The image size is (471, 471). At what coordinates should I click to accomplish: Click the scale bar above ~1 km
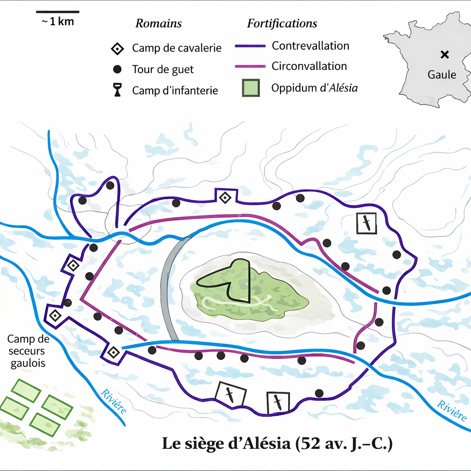coord(57,11)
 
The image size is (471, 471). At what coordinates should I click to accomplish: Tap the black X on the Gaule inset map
coord(444,55)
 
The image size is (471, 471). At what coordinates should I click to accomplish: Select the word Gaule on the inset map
coord(442,74)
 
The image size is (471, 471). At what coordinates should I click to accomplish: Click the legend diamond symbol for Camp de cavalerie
coord(118,48)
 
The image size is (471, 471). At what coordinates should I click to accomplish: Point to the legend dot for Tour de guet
coord(117,69)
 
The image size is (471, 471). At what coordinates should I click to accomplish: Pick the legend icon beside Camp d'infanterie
coord(118,90)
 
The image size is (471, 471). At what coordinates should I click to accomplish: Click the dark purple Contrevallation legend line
coord(250,46)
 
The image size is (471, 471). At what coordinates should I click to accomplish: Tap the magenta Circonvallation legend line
coord(250,66)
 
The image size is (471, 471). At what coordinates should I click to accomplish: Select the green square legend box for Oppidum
coord(251,88)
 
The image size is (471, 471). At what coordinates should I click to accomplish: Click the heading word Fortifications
coord(282,23)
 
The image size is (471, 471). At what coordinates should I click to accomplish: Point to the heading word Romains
coord(158,23)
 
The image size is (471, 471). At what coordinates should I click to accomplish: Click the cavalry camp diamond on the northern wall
coord(225,198)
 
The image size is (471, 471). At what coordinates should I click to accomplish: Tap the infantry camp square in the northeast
coord(367,223)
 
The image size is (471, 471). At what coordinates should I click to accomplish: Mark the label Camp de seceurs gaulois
coord(28,351)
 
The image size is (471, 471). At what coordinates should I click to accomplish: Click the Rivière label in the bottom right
coord(451,411)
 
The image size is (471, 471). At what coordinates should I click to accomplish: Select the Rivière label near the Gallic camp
coord(113,401)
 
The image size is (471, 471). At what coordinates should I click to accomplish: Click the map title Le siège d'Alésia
coord(277,444)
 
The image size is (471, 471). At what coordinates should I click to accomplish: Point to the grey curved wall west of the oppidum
coord(167,290)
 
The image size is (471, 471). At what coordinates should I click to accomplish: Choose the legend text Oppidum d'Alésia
coord(314,88)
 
